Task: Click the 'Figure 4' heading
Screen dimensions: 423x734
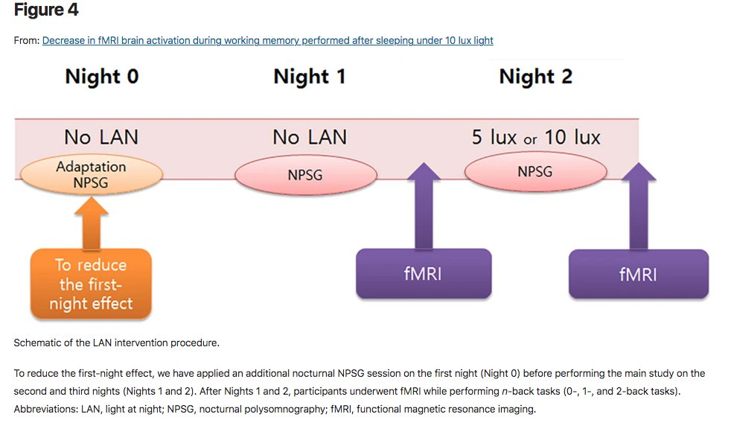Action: tap(45, 10)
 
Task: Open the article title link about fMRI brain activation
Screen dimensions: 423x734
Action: tap(267, 40)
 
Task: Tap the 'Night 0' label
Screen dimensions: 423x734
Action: tap(101, 77)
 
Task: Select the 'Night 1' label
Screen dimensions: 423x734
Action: tap(309, 77)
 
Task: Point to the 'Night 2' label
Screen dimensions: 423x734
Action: tap(535, 77)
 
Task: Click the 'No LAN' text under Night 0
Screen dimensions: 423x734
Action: tap(100, 137)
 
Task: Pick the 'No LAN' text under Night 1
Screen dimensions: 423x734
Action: tap(309, 137)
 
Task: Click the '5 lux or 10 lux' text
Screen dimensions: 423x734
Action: tap(536, 138)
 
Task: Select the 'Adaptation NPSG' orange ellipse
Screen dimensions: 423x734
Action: tap(90, 174)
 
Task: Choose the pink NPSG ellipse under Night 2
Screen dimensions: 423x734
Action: tap(534, 172)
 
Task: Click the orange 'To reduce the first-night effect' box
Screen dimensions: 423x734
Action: tap(92, 284)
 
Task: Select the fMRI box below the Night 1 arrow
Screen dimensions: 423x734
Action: tap(423, 274)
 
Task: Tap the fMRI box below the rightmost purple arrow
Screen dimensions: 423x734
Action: tap(638, 274)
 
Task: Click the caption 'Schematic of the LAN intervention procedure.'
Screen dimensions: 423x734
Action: tap(116, 343)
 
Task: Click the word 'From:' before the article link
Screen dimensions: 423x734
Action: tap(27, 40)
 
